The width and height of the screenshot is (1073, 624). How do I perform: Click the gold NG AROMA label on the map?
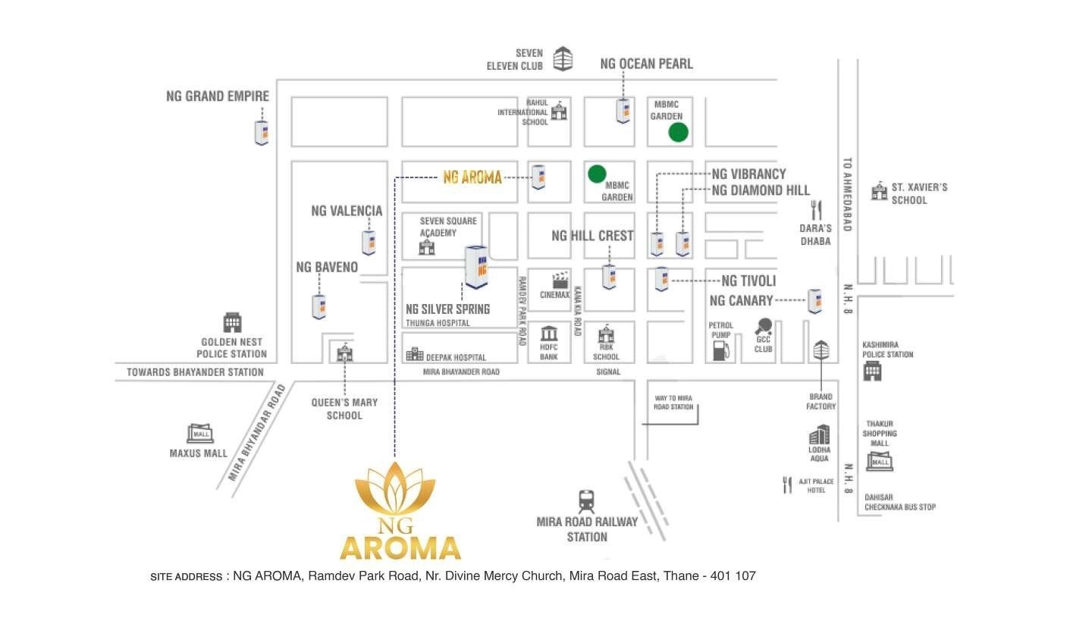point(472,177)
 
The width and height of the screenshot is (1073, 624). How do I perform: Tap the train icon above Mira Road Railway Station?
point(587,501)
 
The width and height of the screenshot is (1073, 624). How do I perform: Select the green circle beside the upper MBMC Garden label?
point(678,132)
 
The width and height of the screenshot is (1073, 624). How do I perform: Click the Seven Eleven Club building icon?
point(563,59)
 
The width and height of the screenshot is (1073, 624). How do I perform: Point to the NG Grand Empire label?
point(218,96)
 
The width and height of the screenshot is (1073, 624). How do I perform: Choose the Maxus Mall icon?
point(200,434)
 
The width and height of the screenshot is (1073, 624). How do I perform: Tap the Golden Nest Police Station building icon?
point(232,322)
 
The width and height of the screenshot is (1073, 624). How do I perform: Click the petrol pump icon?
point(720,350)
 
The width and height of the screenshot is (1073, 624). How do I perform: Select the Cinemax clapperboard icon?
point(560,280)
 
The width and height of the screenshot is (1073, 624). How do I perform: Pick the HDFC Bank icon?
point(549,334)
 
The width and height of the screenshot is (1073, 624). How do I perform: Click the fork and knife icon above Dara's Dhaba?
point(816,210)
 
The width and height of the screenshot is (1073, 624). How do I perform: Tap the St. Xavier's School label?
point(919,193)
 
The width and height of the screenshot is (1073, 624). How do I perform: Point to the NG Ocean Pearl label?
point(646,64)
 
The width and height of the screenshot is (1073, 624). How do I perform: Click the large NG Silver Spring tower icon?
point(477,267)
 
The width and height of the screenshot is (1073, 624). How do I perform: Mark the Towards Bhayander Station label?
point(195,372)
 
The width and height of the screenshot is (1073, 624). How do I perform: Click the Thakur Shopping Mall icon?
point(880,461)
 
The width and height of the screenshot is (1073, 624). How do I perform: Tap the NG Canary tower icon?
point(815,301)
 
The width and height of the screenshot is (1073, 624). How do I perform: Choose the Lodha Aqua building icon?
point(819,434)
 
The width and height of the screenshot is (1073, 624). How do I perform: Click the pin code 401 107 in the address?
point(733,575)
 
